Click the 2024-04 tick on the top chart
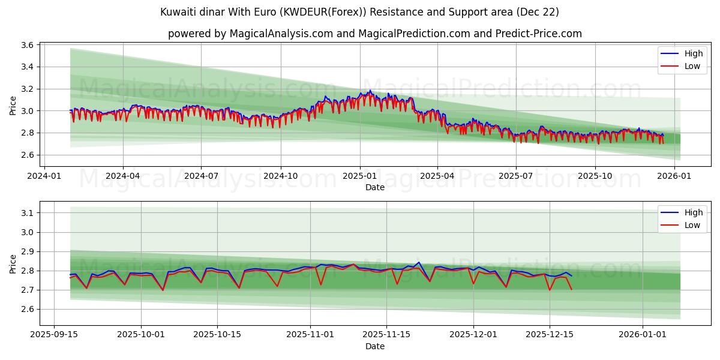coord(123,176)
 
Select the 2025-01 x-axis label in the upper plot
coord(360,176)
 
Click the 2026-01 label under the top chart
coord(675,176)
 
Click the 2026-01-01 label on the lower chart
coord(643,335)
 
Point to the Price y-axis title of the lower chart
coord(13,263)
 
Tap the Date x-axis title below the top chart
coord(375,187)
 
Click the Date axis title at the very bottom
coord(375,346)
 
